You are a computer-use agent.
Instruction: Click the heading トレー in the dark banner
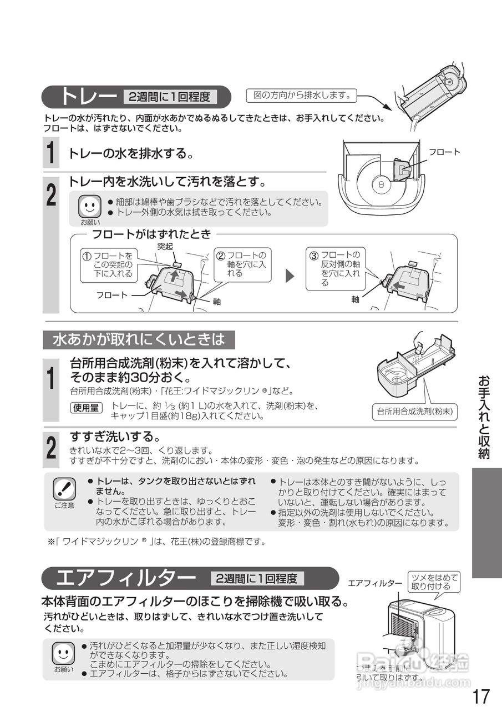[x=89, y=97]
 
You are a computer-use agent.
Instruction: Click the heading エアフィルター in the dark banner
[x=125, y=578]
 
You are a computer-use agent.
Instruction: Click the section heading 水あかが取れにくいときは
[x=139, y=339]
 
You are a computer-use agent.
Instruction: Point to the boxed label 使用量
[x=86, y=408]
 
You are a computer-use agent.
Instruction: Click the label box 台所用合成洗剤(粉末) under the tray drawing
[x=414, y=412]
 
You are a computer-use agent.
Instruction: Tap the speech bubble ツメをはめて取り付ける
[x=431, y=582]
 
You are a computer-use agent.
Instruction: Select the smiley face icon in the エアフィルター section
[x=63, y=653]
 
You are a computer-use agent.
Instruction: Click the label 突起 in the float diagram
[x=165, y=246]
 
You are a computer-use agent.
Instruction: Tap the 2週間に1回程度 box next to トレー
[x=169, y=97]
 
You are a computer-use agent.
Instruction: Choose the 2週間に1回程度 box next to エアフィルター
[x=257, y=578]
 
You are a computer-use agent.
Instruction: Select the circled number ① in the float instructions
[x=87, y=256]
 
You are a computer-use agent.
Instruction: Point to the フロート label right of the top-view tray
[x=444, y=152]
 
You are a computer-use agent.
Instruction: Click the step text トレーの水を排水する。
[x=131, y=154]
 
